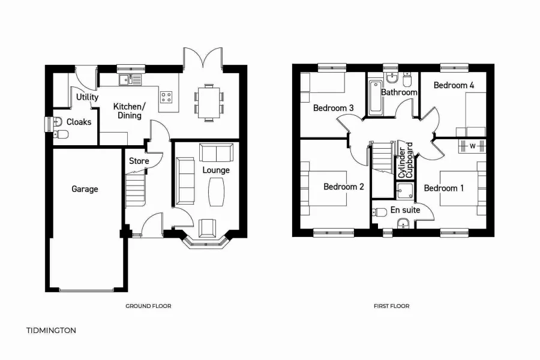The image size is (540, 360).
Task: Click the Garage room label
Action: [x=85, y=189]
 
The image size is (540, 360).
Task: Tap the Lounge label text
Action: [x=216, y=170]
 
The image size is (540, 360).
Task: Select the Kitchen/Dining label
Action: [x=128, y=111]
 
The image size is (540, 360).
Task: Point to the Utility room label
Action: [x=87, y=97]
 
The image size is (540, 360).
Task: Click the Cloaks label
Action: [x=79, y=122]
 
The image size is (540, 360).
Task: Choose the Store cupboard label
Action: [x=139, y=161]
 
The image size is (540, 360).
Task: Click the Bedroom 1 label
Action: [x=444, y=188]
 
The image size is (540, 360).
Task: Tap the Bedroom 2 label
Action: [x=344, y=187]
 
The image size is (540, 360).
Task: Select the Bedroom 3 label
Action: [x=333, y=108]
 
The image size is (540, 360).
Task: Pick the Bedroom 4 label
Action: [x=454, y=85]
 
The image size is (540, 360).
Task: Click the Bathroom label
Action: [x=399, y=92]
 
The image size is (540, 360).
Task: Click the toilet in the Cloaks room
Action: [x=59, y=134]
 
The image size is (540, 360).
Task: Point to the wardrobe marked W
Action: [x=472, y=145]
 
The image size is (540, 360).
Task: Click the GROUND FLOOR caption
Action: [x=148, y=306]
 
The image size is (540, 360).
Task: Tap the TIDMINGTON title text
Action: [x=52, y=330]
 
